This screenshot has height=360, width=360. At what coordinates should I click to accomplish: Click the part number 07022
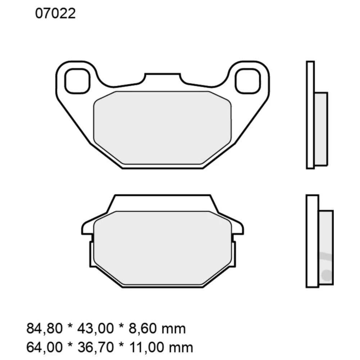tap(55, 14)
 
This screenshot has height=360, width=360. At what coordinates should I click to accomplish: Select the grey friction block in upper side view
tap(321, 129)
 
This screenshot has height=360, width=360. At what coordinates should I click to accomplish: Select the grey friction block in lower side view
tap(326, 247)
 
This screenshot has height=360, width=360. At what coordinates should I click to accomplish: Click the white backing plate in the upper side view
tap(310, 114)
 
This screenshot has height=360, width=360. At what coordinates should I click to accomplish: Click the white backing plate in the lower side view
tap(312, 241)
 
